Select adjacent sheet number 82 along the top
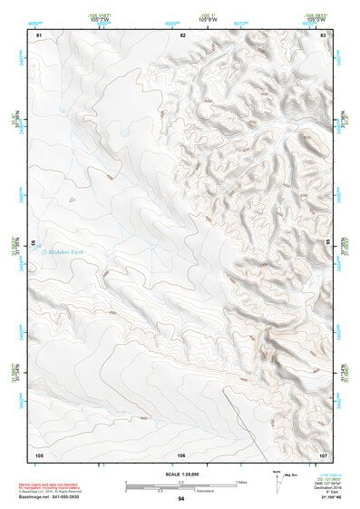click(182, 34)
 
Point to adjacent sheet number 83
click(324, 34)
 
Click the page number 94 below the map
click(181, 499)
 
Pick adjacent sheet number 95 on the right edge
click(329, 244)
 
